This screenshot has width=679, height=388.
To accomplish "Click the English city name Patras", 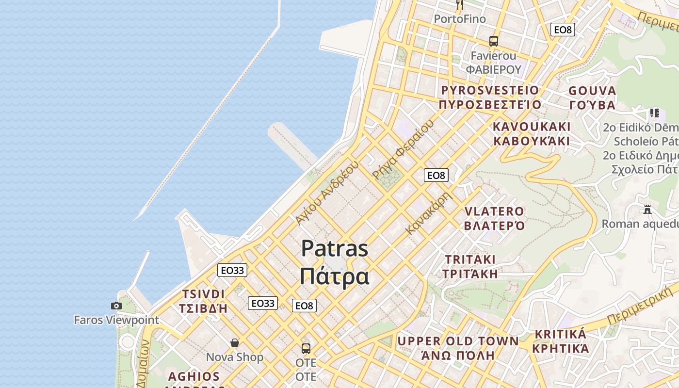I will click(335, 249).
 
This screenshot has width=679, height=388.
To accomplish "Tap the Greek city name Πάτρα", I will click(335, 276).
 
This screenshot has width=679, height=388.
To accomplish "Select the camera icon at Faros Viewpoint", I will click(116, 306).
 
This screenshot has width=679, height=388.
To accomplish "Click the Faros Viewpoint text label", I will click(116, 320).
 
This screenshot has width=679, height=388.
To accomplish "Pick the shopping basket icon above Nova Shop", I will click(235, 343).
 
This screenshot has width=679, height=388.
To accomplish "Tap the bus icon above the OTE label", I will click(306, 348).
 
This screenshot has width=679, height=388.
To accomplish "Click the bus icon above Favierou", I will click(494, 41).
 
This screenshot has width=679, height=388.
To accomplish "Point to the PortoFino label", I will click(460, 19).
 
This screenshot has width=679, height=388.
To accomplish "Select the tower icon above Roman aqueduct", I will click(647, 210).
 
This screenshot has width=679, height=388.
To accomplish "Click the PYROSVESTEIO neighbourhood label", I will click(490, 91).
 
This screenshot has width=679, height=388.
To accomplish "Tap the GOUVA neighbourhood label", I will click(592, 91).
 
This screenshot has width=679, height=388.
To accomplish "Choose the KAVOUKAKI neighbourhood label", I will click(532, 127).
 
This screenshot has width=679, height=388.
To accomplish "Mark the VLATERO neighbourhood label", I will click(494, 212).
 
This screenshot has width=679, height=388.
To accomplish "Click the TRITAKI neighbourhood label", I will click(470, 259).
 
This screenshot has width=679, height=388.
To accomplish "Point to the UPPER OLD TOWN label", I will click(458, 341).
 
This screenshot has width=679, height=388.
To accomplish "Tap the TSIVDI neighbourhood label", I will click(203, 294).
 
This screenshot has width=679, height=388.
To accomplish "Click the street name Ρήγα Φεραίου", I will click(402, 150).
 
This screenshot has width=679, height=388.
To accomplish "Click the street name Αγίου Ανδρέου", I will click(327, 192).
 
